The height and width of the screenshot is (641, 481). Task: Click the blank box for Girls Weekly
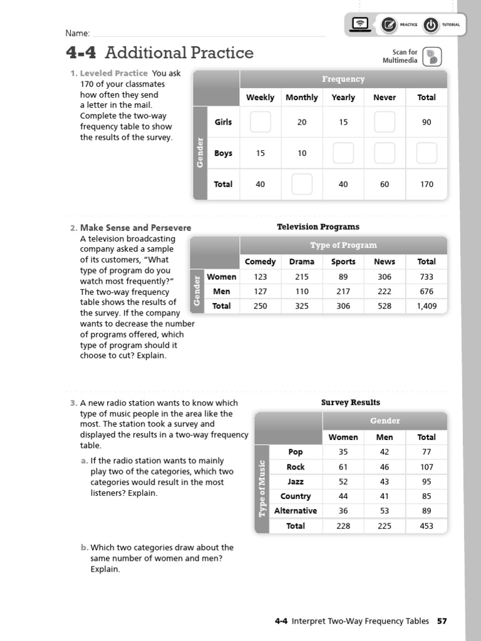(x=260, y=122)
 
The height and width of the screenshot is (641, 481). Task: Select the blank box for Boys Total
(x=427, y=153)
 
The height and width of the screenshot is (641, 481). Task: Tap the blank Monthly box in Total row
(x=302, y=184)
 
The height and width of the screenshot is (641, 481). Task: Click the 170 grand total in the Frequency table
(x=427, y=184)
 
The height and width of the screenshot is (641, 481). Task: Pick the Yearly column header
(x=343, y=97)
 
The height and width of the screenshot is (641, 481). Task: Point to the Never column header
(x=385, y=97)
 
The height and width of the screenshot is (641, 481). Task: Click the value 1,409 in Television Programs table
(x=427, y=306)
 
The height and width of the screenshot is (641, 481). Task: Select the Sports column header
(x=343, y=262)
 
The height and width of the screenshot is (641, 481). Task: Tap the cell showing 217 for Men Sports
(x=343, y=291)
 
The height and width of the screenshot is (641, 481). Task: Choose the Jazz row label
(x=296, y=481)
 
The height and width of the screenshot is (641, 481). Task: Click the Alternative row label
(x=296, y=511)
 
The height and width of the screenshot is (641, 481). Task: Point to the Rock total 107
(x=427, y=467)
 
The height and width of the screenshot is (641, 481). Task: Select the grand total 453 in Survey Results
(x=427, y=526)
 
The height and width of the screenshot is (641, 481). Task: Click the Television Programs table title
(x=318, y=227)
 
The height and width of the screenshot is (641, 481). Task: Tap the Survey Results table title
(x=351, y=403)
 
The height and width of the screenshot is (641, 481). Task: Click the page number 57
(x=442, y=621)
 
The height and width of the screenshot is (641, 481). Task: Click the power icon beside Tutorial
(x=431, y=25)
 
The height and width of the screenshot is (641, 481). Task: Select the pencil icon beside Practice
(x=389, y=25)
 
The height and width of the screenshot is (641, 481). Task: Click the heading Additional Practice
(x=179, y=53)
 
